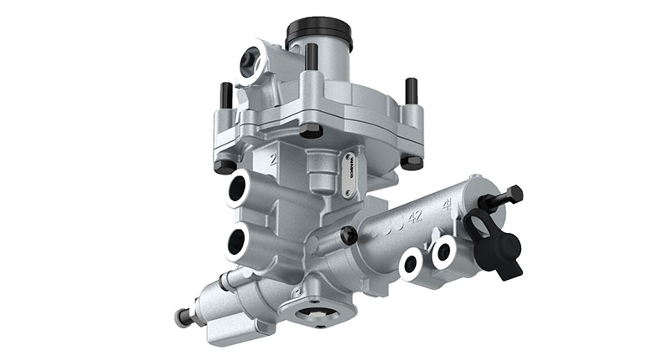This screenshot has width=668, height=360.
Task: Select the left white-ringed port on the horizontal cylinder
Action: (412, 264)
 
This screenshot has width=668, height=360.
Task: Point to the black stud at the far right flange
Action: (411, 89)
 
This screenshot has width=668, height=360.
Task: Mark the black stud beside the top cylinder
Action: (311, 56)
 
